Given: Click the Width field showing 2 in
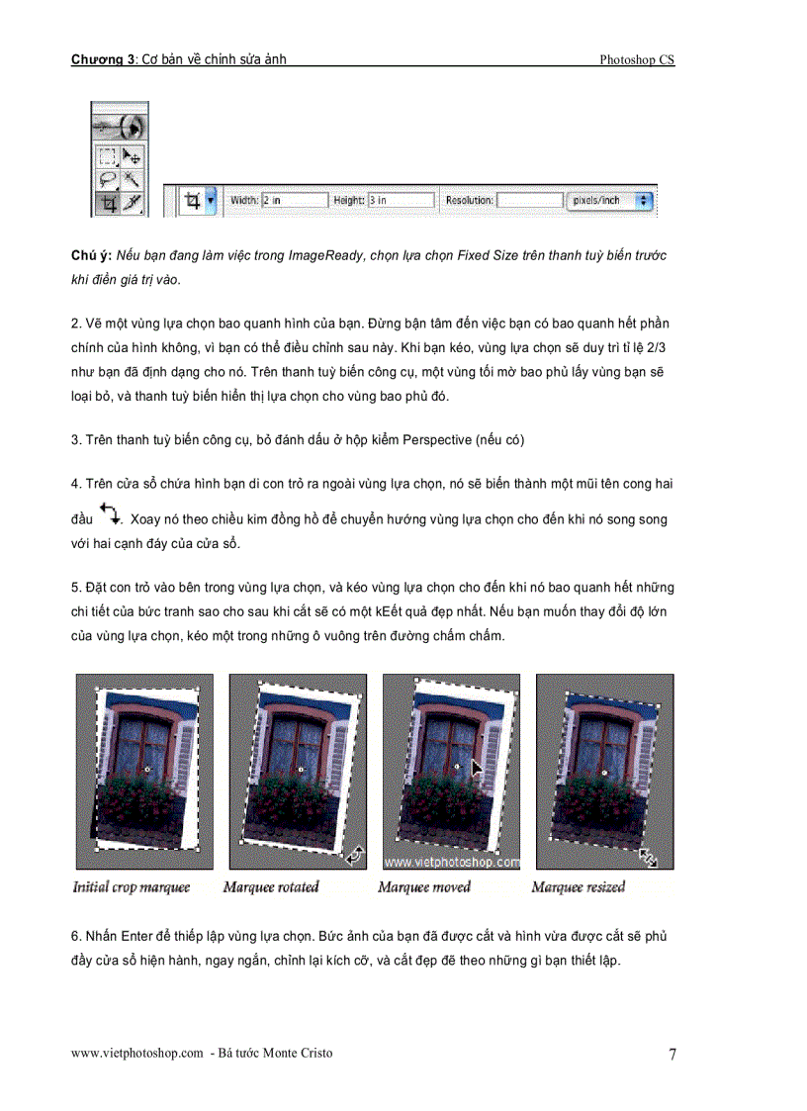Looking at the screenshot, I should [x=294, y=201].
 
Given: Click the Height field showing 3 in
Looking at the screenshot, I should [x=400, y=201].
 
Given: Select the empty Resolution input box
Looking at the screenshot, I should [x=529, y=201].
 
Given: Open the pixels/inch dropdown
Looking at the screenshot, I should [x=612, y=201].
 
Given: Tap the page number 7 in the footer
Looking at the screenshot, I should [x=672, y=1054].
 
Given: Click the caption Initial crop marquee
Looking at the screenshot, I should [x=132, y=887].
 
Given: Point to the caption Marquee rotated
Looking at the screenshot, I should [x=271, y=887].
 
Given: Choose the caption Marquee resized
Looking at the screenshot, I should [x=579, y=887].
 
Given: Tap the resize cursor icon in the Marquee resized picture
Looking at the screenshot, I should [x=648, y=857].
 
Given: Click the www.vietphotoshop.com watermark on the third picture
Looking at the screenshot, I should [x=451, y=862].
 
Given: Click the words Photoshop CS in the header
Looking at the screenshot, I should [x=637, y=60].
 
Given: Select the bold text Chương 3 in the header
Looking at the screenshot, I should [x=102, y=59].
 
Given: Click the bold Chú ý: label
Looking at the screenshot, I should [x=91, y=255].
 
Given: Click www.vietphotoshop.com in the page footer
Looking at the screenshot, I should [x=137, y=1053].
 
